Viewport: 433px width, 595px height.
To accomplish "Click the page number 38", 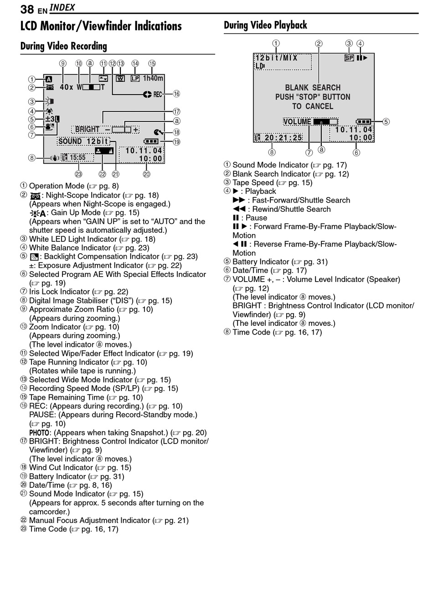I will (27, 9).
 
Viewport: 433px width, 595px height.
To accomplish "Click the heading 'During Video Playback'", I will (265, 25).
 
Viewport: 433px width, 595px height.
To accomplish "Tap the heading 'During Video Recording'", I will (63, 46).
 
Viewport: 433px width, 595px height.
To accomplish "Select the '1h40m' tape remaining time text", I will (153, 78).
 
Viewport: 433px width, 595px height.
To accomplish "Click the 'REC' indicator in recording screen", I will (158, 94).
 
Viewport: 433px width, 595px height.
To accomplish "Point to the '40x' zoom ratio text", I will (67, 87).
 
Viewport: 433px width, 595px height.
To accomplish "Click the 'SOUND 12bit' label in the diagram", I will (83, 141).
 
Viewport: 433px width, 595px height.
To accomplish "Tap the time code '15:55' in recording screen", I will (77, 157).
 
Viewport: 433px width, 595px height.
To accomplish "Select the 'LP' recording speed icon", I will (135, 78).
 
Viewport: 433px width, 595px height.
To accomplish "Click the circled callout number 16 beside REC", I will (176, 94).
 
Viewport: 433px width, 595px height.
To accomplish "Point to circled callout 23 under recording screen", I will (78, 174).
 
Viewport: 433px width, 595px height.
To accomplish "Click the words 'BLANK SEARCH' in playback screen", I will (313, 88).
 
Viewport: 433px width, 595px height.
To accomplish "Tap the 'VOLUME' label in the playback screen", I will (297, 121).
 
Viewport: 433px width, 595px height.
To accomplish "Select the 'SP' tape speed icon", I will (349, 58).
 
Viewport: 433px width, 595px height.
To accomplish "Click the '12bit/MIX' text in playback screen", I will (276, 58).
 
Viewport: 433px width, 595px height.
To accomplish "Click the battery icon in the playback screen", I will (364, 122).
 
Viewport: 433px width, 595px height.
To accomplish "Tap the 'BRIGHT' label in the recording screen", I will (87, 130).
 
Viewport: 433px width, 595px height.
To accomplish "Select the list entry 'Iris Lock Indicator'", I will (59, 292).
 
